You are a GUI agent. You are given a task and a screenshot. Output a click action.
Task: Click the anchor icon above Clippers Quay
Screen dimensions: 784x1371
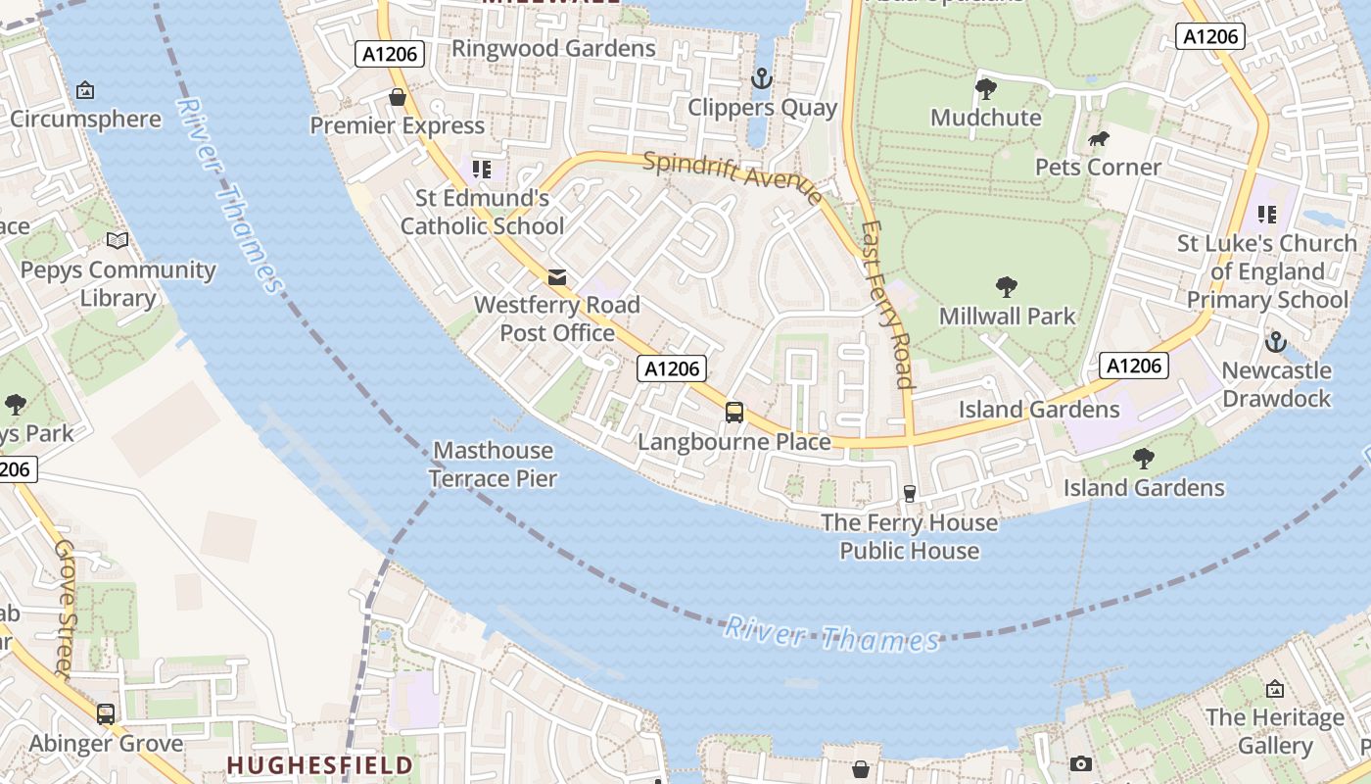[x=761, y=77]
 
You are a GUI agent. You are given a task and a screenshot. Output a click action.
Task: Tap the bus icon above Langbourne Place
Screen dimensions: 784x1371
[x=734, y=413]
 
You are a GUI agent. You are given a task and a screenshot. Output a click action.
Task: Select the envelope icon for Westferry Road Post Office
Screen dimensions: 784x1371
[x=557, y=277]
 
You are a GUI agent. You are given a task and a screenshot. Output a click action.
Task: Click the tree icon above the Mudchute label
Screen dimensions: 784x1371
[x=985, y=89]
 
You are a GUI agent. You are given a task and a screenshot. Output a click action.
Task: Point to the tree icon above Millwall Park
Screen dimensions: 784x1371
[x=1006, y=287]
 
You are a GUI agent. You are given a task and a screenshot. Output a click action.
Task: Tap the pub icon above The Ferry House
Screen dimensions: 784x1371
[x=910, y=494]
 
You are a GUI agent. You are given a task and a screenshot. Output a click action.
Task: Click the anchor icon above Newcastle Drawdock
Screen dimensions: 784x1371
[x=1275, y=342]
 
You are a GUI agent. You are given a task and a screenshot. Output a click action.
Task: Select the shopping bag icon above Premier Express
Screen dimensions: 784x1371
[x=398, y=97]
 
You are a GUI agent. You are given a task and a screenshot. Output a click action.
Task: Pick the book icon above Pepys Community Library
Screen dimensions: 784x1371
[x=118, y=240]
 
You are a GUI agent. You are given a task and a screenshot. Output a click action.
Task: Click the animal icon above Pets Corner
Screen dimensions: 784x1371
[x=1098, y=139]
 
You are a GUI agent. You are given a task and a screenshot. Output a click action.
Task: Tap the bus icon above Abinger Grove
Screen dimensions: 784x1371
[x=106, y=714]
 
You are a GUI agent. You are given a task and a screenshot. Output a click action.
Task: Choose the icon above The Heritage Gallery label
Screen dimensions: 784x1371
[x=1275, y=689]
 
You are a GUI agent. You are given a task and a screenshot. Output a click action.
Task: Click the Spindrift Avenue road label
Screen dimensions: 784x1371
[x=733, y=177]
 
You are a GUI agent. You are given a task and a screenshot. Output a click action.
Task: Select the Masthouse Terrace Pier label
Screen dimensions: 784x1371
[x=494, y=465]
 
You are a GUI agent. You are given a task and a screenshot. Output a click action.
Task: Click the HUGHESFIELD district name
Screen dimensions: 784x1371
[x=319, y=763]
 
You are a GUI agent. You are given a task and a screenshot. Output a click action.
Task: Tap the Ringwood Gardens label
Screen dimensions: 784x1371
[x=553, y=48]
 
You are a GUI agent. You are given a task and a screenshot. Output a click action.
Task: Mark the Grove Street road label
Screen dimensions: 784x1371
[x=65, y=608]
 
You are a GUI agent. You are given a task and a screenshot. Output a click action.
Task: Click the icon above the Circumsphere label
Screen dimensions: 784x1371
[x=85, y=91]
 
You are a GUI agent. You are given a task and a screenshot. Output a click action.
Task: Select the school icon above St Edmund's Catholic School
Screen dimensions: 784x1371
[x=481, y=170]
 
